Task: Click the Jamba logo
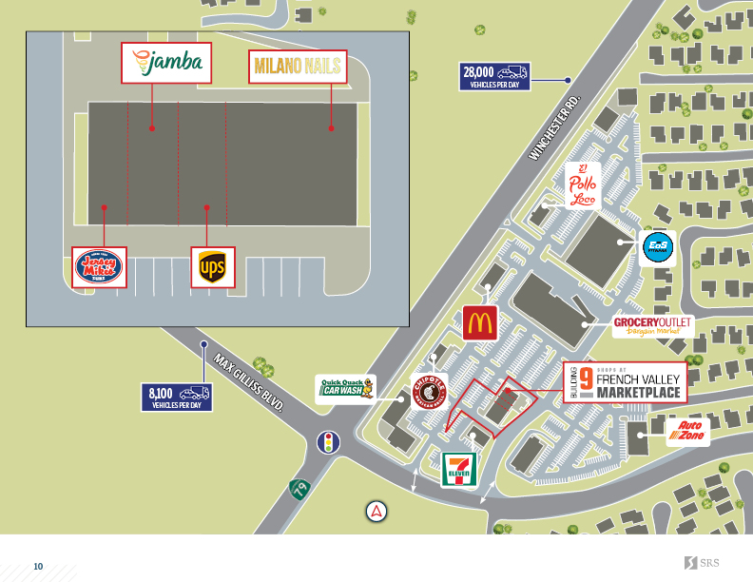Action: tap(167, 63)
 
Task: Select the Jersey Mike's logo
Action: tap(100, 267)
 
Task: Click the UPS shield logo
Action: tap(212, 267)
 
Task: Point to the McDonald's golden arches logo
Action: tap(480, 322)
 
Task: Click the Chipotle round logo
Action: tap(430, 391)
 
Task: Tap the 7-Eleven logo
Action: tap(460, 470)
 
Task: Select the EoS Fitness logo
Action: tap(657, 247)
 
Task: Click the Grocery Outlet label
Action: tap(652, 326)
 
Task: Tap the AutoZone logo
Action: tap(687, 433)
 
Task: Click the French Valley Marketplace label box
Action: tap(624, 382)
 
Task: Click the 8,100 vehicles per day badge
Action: tap(179, 397)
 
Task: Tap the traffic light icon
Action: tap(328, 442)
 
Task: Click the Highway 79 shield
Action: tap(300, 489)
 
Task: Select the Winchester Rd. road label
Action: tap(554, 127)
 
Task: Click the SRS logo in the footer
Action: tap(703, 563)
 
